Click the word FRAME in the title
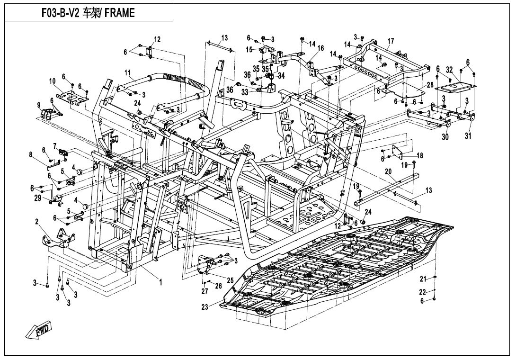(x=120, y=13)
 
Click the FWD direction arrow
(x=38, y=330)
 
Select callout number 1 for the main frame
(x=160, y=282)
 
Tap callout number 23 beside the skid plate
(x=205, y=307)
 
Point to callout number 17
(x=391, y=42)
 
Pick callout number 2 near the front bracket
(x=37, y=222)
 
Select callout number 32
(x=449, y=70)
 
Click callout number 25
(x=230, y=280)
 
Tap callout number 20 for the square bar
(x=388, y=171)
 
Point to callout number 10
(x=53, y=81)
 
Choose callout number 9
(x=39, y=105)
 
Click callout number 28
(x=430, y=85)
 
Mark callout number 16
(x=320, y=48)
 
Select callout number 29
(x=38, y=198)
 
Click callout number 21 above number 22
(x=423, y=279)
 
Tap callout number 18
(x=419, y=155)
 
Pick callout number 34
(x=281, y=75)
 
